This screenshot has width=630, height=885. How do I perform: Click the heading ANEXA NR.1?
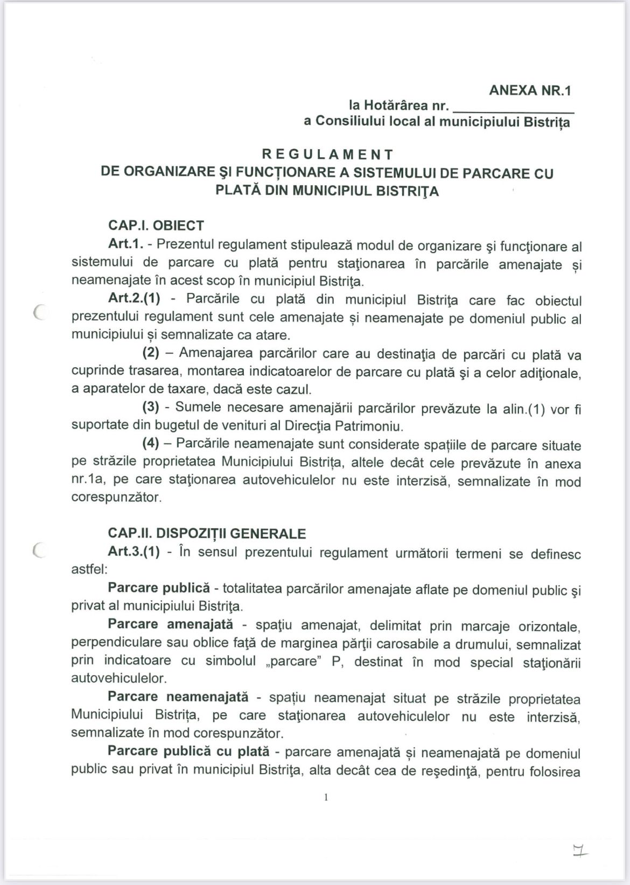tap(529, 90)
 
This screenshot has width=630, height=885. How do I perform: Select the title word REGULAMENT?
tap(327, 154)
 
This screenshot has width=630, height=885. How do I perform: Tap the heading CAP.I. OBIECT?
tap(156, 226)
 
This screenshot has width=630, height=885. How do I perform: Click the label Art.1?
tap(126, 244)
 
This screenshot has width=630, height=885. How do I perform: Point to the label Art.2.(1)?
tap(134, 299)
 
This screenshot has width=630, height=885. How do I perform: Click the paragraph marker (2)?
tap(151, 353)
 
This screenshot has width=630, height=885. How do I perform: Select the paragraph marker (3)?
tap(151, 408)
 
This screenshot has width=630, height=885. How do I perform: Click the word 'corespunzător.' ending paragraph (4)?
tap(116, 497)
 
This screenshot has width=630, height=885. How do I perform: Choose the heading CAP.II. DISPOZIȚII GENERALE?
tap(207, 533)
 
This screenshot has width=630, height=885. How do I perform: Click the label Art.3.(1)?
tap(134, 552)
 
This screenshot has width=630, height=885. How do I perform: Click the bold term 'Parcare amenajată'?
tap(171, 624)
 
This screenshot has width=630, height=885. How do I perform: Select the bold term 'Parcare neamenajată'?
tap(178, 697)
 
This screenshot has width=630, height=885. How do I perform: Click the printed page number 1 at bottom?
tap(326, 797)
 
